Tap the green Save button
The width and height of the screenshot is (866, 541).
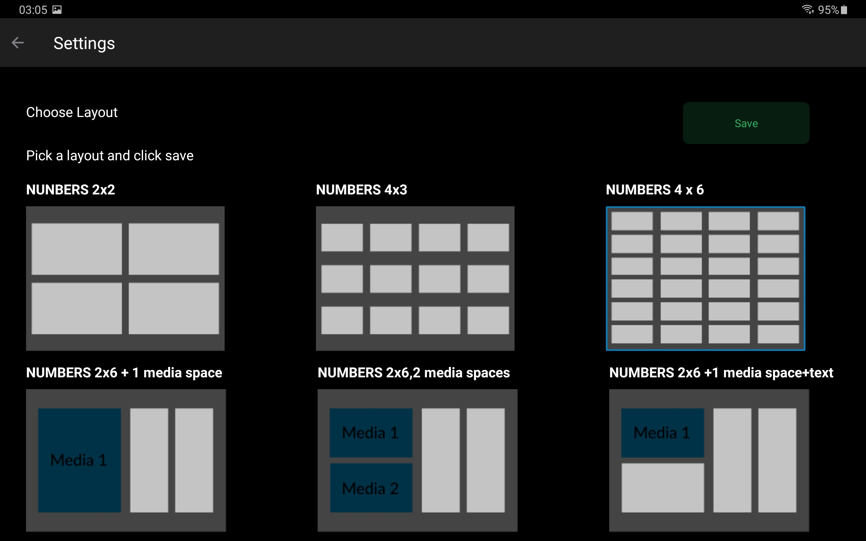click(746, 123)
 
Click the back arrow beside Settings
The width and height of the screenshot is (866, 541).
click(18, 43)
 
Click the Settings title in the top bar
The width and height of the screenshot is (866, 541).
click(84, 44)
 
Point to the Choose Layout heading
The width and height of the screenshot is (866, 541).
click(72, 113)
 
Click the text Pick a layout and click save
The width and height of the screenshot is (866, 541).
click(110, 156)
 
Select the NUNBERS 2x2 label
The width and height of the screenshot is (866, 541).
click(70, 190)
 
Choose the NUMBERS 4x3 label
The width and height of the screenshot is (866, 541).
click(361, 190)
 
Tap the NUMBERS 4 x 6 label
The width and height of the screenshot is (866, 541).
click(655, 190)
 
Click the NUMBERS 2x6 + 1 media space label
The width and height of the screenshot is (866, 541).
click(124, 373)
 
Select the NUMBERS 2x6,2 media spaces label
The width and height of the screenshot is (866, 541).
click(414, 373)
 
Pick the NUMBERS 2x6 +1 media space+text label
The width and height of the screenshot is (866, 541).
click(721, 373)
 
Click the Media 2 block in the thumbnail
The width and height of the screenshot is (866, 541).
click(371, 488)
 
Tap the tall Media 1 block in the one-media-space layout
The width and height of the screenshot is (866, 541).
click(79, 460)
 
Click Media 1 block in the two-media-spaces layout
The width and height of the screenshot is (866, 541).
click(371, 432)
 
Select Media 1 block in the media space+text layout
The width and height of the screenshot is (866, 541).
click(663, 432)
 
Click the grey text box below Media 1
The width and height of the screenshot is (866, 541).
click(663, 488)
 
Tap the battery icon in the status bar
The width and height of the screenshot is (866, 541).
click(844, 10)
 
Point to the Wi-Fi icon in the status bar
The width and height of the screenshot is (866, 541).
click(808, 9)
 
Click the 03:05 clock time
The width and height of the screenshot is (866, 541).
click(33, 10)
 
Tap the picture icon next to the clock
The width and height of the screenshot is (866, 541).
click(57, 10)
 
